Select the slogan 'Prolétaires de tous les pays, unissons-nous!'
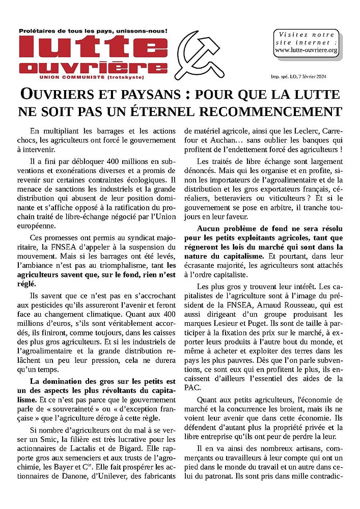(93, 31)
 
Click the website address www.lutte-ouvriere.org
(306, 50)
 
